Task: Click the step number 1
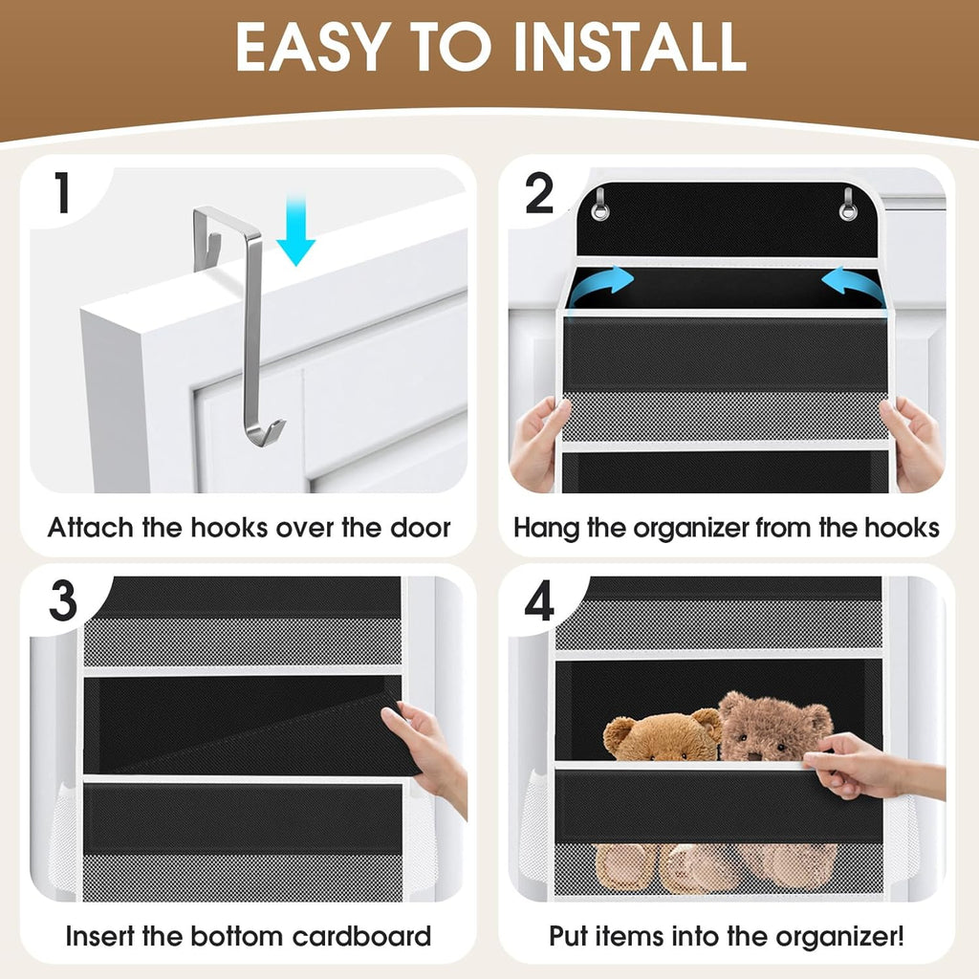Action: [x=62, y=193]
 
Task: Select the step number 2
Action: [x=539, y=193]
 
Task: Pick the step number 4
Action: [x=539, y=601]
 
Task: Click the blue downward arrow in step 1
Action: [x=296, y=229]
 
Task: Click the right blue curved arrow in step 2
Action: [x=852, y=284]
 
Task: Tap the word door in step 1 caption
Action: [x=421, y=528]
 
